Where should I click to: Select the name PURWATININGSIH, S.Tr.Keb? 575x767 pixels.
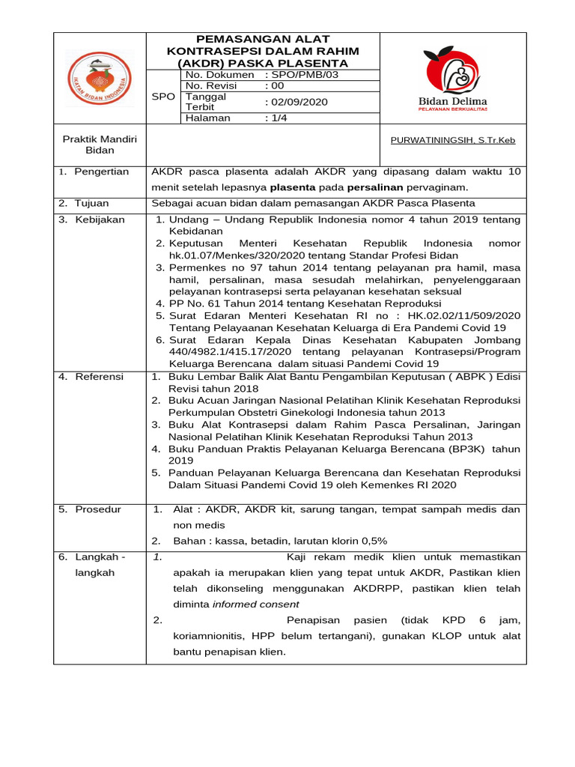click(453, 140)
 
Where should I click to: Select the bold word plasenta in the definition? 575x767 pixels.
click(292, 187)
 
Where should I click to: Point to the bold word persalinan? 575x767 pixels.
click(375, 187)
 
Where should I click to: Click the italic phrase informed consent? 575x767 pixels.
click(255, 604)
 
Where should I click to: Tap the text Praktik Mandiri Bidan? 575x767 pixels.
click(100, 145)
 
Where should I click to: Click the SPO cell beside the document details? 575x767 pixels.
click(163, 97)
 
